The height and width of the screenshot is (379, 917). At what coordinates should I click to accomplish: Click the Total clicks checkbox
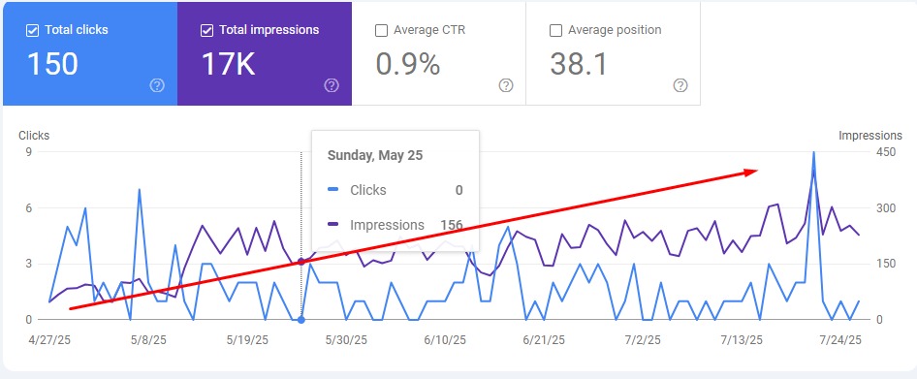[x=32, y=30]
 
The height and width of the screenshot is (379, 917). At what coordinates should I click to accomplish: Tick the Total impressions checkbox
[x=206, y=30]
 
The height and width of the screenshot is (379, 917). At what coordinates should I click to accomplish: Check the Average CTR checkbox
[x=381, y=30]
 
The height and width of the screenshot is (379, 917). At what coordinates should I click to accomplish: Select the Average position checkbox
[x=555, y=30]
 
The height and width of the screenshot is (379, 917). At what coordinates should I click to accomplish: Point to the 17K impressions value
[x=229, y=64]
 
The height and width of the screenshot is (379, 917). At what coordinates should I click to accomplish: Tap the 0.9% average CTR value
[x=407, y=64]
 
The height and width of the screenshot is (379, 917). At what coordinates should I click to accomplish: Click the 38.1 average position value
[x=579, y=64]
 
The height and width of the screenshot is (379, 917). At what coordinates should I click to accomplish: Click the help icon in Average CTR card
[x=506, y=85]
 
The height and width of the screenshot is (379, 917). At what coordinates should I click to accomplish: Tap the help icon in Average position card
[x=680, y=85]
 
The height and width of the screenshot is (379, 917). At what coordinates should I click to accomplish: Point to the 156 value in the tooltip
[x=451, y=225]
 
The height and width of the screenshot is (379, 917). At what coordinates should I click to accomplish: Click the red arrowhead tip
[x=756, y=171]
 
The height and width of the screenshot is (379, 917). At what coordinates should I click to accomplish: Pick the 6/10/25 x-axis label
[x=445, y=340]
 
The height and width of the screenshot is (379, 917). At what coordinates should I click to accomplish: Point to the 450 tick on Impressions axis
[x=886, y=152]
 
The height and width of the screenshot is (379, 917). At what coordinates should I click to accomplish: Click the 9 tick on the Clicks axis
[x=29, y=152]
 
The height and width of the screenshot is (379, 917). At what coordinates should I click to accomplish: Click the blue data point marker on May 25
[x=301, y=320]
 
